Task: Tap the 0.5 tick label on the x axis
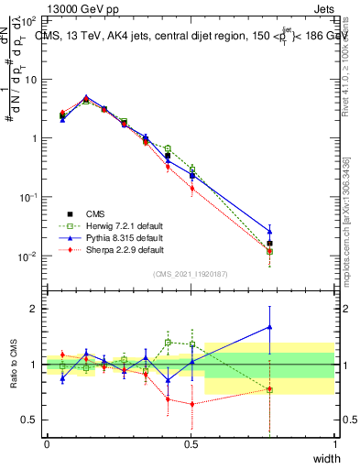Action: (191, 444)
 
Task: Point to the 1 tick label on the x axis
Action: (334, 444)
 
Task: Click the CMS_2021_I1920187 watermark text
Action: (191, 273)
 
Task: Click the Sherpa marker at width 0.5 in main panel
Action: (191, 188)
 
